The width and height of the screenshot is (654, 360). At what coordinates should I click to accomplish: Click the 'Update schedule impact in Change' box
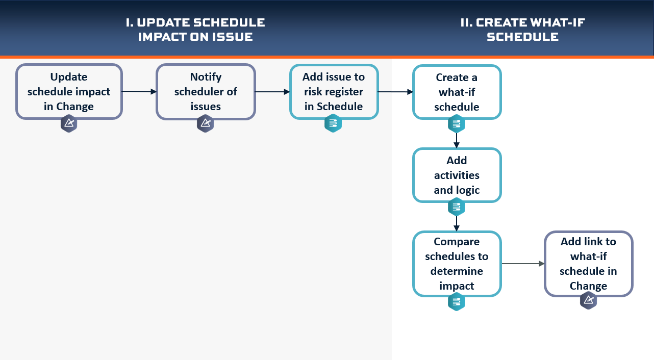click(x=69, y=92)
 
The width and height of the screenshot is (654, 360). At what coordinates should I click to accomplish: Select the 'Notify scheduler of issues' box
click(x=206, y=92)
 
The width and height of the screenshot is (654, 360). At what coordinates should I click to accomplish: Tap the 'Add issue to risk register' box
click(x=334, y=92)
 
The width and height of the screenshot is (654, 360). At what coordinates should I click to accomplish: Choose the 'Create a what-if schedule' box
click(x=457, y=92)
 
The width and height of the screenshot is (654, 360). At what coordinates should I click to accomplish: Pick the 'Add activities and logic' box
click(x=457, y=175)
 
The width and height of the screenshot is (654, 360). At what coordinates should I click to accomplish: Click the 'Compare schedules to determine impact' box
click(x=457, y=264)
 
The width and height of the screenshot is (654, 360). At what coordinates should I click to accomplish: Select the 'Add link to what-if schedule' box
click(x=589, y=264)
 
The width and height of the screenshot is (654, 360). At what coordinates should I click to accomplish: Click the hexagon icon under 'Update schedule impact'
click(x=69, y=123)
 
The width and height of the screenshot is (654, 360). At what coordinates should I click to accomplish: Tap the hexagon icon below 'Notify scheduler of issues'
click(x=205, y=123)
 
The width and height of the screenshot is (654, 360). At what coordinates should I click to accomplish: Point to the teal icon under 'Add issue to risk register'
click(x=333, y=123)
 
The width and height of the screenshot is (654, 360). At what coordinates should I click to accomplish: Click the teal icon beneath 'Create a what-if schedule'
click(x=457, y=124)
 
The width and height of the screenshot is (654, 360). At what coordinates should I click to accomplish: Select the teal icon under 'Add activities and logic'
click(x=457, y=207)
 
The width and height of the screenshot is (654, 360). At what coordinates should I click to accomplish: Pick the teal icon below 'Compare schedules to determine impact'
click(x=457, y=302)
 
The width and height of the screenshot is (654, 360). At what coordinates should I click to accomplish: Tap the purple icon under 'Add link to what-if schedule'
click(x=588, y=300)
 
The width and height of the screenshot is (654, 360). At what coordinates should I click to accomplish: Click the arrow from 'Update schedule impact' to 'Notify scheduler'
click(x=139, y=92)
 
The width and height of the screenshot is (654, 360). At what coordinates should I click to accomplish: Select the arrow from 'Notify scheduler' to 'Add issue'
click(x=272, y=92)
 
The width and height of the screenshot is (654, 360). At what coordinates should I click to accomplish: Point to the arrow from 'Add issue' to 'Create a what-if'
click(x=395, y=92)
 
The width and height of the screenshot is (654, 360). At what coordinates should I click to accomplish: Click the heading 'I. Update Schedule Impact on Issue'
click(x=195, y=30)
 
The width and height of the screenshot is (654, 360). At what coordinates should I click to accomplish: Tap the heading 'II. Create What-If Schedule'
click(x=522, y=30)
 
